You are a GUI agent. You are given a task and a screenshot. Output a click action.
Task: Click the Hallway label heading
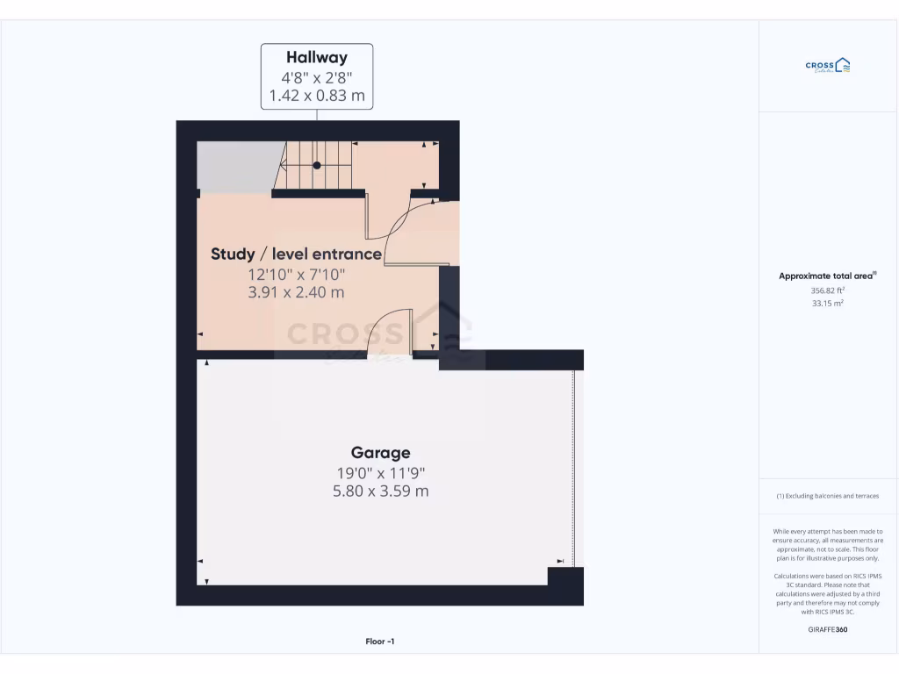317,58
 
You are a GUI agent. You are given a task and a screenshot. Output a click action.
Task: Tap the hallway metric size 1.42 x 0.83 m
317,95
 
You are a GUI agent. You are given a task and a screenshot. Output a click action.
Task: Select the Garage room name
380,453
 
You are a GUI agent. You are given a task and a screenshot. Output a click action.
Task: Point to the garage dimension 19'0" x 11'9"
380,473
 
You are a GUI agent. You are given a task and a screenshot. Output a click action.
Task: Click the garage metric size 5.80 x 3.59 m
380,491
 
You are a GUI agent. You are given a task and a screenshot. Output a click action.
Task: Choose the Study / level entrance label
296,255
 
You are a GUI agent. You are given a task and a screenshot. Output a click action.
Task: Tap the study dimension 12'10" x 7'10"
296,274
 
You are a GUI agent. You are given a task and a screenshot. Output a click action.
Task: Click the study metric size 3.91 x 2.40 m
296,292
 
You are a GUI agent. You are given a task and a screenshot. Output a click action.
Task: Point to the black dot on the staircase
317,165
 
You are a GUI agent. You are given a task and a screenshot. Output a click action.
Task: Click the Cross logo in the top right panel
828,65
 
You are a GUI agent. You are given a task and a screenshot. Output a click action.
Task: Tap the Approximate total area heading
827,276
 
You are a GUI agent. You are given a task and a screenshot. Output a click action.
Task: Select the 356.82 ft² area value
827,290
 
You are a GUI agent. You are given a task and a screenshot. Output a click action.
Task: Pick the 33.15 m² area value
827,304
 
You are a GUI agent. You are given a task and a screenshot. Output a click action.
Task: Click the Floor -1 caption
380,642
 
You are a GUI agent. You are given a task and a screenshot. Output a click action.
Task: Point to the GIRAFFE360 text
828,629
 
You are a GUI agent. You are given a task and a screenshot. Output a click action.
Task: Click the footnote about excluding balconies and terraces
827,496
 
